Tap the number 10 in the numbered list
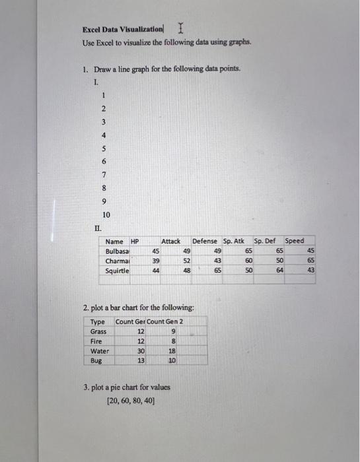(106, 215)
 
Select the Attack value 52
(187, 261)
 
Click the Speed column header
(295, 242)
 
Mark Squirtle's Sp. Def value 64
(279, 271)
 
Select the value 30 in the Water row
(141, 351)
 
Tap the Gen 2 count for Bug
(172, 361)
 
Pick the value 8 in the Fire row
(172, 341)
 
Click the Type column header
(98, 321)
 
